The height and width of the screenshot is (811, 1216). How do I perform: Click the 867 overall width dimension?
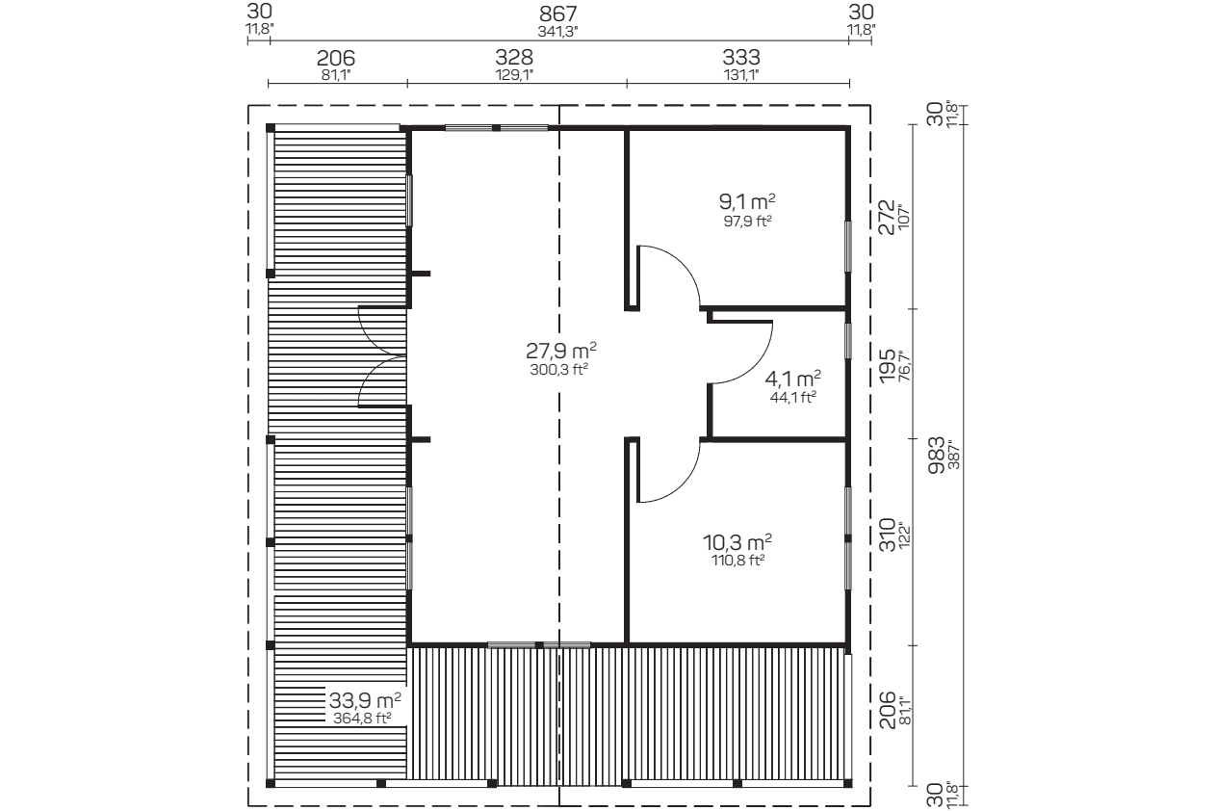558,13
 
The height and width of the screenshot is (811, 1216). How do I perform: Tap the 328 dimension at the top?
514,57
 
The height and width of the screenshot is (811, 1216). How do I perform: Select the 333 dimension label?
741,57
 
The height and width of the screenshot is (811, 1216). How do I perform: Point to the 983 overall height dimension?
937,456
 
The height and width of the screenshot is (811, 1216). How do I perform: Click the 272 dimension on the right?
887,218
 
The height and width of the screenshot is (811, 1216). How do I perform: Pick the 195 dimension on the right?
887,366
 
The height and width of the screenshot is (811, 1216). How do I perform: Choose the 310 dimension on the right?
887,535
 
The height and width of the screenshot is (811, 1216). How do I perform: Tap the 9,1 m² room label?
747,201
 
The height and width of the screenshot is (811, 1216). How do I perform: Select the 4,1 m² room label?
792,378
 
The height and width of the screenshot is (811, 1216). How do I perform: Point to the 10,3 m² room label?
737,541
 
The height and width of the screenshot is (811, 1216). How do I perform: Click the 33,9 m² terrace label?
365,700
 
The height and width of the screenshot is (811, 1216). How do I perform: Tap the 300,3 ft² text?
559,369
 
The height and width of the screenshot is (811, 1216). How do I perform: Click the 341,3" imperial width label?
558,32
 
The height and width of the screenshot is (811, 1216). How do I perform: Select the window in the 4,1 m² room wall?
848,341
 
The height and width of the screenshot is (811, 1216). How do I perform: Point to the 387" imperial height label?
954,458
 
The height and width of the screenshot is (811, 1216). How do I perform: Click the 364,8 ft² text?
362,719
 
